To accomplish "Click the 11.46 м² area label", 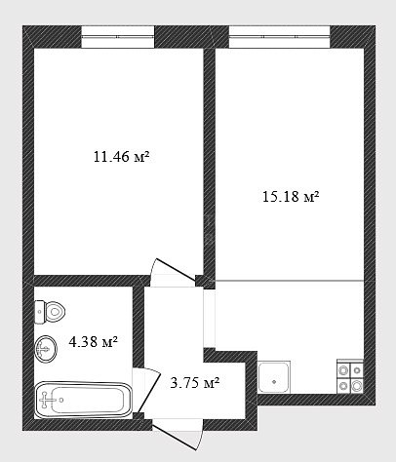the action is pos(122,157).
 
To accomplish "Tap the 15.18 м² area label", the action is pos(291,197).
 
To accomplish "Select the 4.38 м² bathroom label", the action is pos(93,341).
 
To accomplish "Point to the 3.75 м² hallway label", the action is pos(195,383).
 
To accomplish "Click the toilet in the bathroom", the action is pos(50,312).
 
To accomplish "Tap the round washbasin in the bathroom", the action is pos(46,349).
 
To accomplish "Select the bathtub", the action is pos(84,400).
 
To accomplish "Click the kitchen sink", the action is pos(274,377).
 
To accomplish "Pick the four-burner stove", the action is pos(350,377).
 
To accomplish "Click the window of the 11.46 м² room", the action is pos(117,37).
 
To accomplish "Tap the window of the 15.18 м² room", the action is pos(280,37).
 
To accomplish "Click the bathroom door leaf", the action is pos(149,393).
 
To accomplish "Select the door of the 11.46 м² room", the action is pos(175,270).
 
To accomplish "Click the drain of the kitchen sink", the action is pos(274,382).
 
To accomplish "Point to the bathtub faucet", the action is pos(46,400).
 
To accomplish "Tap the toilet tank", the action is pos(39,312).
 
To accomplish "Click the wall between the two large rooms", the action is pos(210,164).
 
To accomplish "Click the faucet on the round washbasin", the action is pos(43,350).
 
